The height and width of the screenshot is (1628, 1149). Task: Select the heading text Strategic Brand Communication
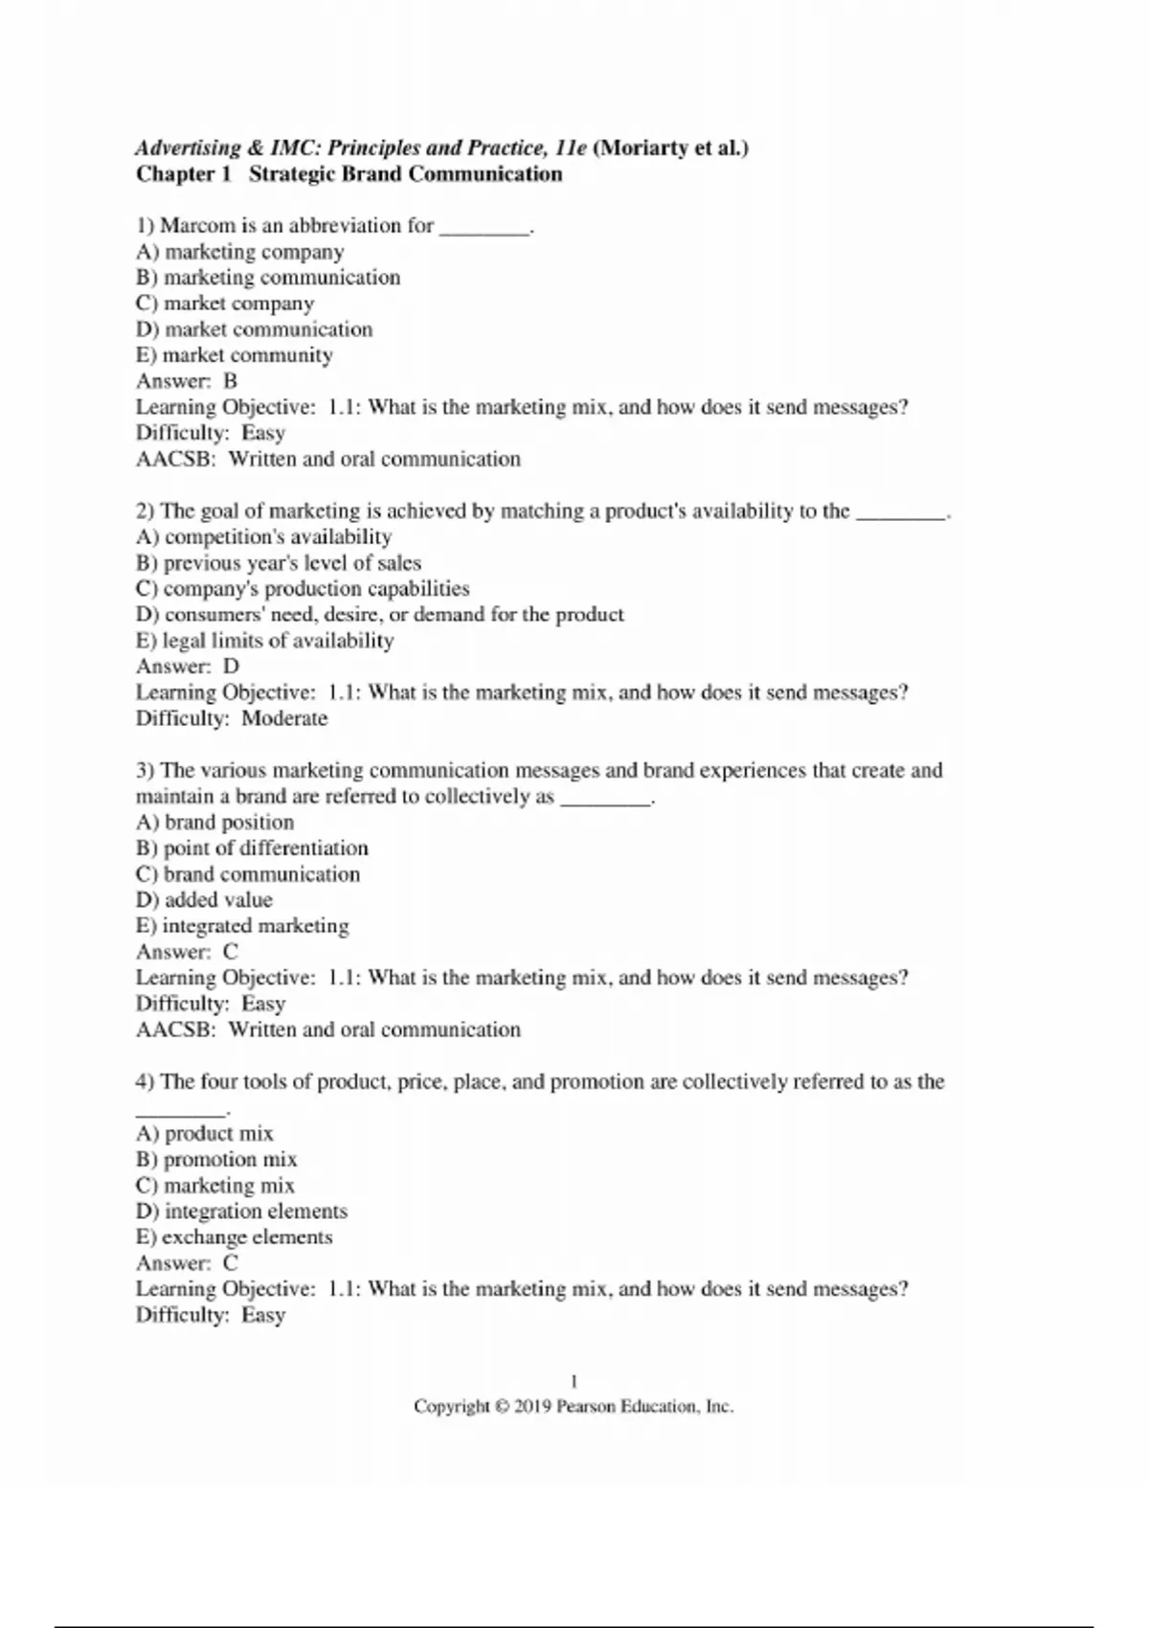pos(405,174)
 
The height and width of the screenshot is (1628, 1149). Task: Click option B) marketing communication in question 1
pos(268,278)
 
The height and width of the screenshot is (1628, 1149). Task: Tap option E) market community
pos(235,355)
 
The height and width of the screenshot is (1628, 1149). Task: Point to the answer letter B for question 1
pos(230,381)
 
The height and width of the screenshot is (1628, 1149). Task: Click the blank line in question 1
pos(484,228)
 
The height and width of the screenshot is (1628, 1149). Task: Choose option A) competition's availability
pos(263,537)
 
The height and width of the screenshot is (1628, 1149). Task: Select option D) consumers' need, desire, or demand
pos(379,615)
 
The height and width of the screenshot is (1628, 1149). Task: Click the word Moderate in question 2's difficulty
pos(284,718)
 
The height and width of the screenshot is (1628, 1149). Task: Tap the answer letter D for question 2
pos(231,667)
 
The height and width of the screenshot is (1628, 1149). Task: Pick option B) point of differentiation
pos(252,848)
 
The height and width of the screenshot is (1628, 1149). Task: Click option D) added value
pos(204,900)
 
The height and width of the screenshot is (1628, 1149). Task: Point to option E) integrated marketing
pos(242,926)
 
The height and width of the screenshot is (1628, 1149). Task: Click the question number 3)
pos(145,771)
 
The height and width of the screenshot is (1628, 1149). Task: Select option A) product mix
pos(204,1134)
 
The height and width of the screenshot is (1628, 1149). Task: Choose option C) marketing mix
pos(215,1186)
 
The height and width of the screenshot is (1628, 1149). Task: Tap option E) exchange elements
pos(235,1237)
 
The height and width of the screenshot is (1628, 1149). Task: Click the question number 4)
pos(145,1082)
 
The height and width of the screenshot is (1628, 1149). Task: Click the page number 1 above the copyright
pos(574,1381)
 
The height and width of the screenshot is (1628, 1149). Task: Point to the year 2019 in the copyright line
pos(531,1407)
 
